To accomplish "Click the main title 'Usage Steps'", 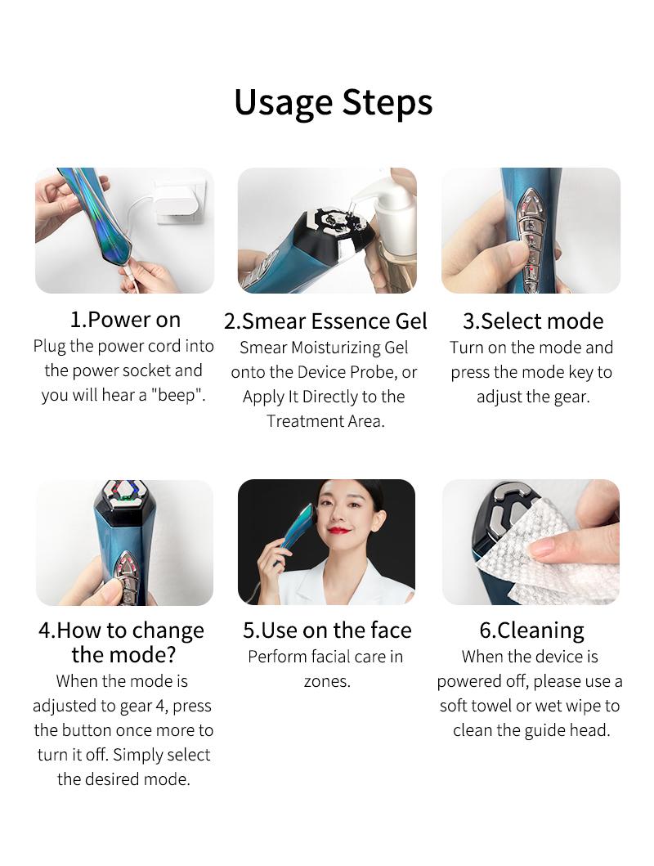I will (333, 102).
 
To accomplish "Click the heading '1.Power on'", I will (125, 320).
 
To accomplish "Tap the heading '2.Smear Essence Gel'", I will (325, 321).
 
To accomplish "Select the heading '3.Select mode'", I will (532, 321).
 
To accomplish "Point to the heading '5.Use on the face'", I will (327, 630).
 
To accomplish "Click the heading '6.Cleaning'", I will (531, 630).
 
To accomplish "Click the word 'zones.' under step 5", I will (327, 681).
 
